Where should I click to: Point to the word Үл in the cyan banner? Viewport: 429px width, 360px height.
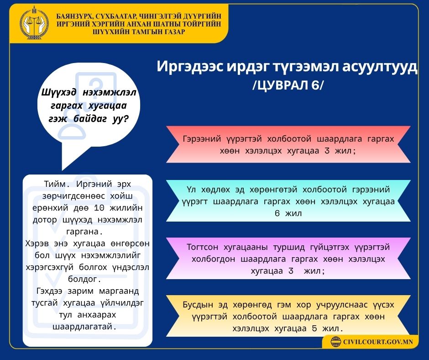pos(191,189)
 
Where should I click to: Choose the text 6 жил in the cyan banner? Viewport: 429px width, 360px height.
pos(288,213)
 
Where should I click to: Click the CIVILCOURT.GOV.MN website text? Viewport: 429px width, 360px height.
pos(377,342)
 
